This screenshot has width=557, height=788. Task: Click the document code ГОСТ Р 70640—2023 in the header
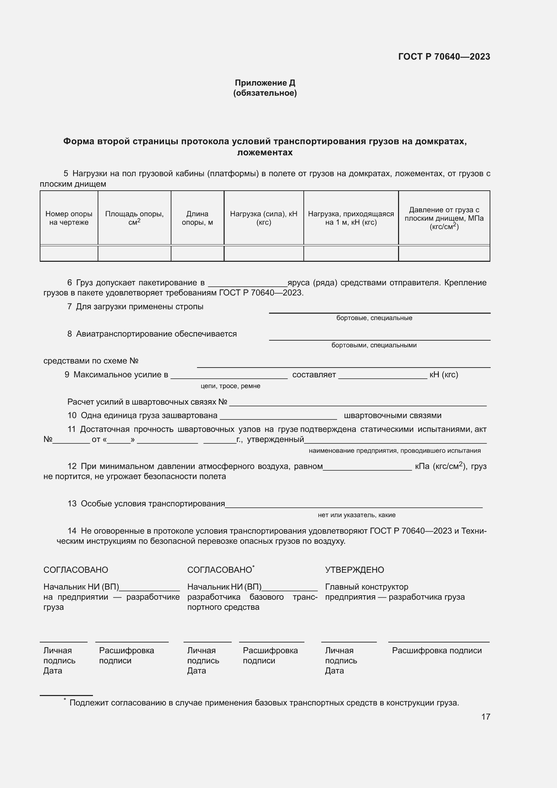[444, 57]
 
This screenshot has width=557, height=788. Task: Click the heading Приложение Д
[265, 83]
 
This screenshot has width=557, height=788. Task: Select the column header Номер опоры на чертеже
[69, 218]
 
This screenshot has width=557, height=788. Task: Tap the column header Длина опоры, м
[197, 218]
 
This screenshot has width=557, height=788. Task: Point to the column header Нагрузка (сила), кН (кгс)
[263, 218]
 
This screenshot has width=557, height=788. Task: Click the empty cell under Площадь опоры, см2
[134, 254]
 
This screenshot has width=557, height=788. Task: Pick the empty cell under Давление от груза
[444, 254]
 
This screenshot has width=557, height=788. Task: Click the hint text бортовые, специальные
[374, 318]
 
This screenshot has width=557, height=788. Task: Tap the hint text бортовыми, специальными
[374, 345]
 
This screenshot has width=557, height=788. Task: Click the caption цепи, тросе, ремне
[230, 386]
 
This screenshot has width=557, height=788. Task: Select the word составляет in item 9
[314, 375]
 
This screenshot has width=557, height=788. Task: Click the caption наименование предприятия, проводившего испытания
[394, 451]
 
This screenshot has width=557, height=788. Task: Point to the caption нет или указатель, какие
[356, 515]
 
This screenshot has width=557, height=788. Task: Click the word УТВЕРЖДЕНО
[354, 570]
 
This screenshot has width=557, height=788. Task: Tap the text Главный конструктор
[366, 587]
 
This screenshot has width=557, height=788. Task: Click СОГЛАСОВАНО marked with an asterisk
[220, 570]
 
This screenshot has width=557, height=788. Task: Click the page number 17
[485, 717]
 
